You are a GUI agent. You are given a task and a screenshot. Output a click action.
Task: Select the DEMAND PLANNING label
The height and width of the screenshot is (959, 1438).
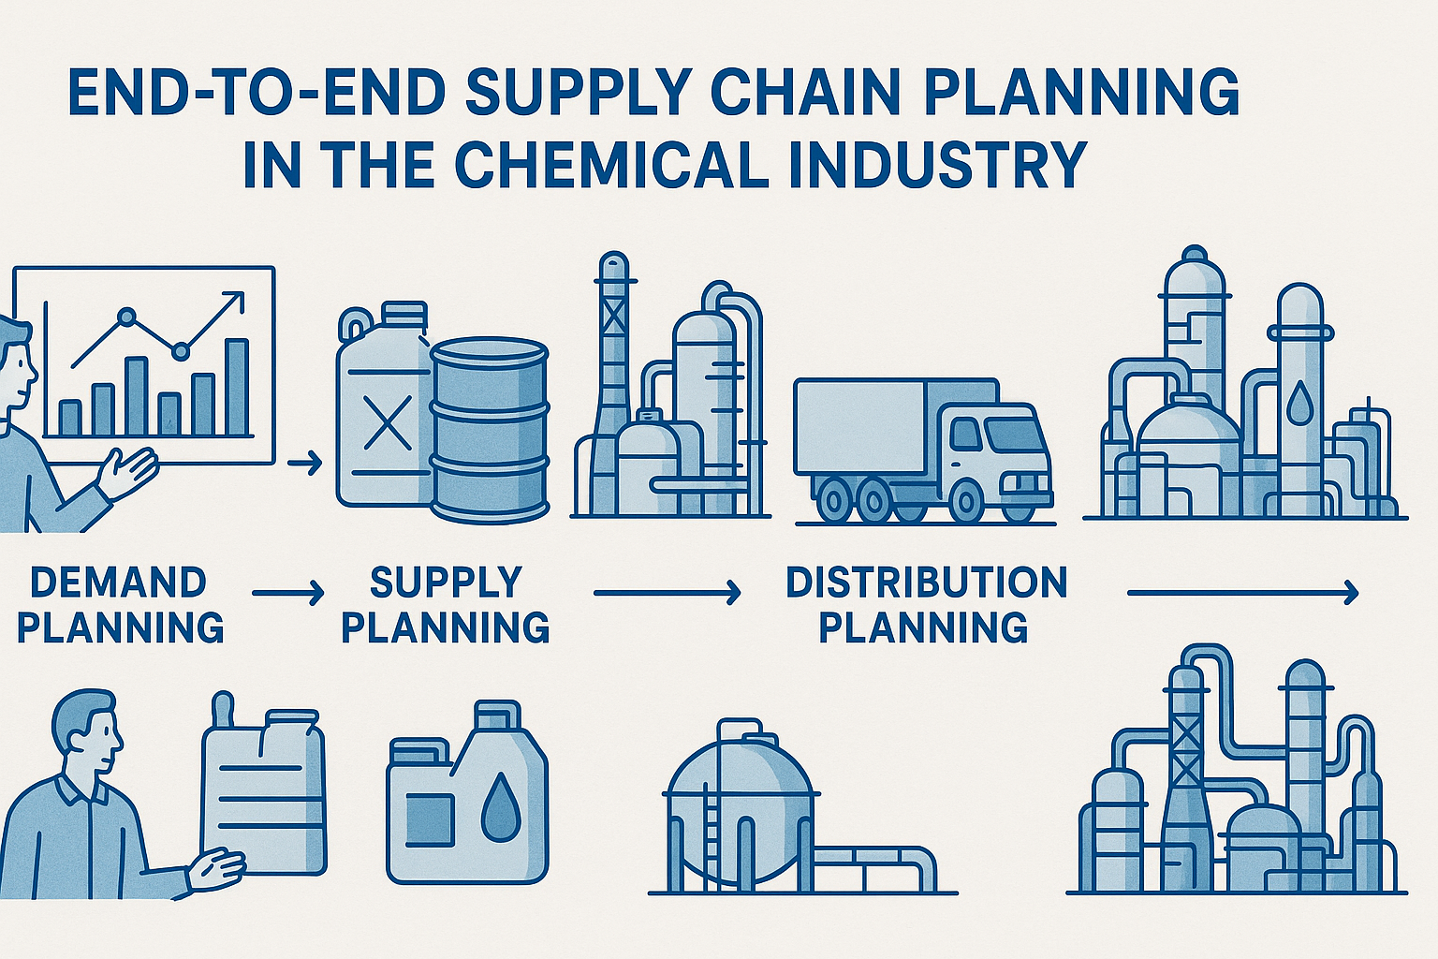[120, 604]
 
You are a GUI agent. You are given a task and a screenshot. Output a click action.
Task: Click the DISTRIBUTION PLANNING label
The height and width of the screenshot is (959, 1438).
[926, 604]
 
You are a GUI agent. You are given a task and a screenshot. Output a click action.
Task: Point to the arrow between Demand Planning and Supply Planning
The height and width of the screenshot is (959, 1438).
[288, 593]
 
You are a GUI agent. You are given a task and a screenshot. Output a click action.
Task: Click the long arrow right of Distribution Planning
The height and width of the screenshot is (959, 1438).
[1243, 592]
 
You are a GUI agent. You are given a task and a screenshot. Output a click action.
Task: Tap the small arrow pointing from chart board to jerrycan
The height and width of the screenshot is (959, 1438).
[305, 462]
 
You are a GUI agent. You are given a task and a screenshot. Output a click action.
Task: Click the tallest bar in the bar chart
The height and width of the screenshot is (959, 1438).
[237, 388]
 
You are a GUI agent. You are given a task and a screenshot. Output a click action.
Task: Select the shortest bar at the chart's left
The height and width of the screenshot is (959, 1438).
[70, 418]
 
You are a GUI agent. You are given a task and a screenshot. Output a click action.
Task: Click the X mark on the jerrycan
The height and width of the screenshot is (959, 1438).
[387, 422]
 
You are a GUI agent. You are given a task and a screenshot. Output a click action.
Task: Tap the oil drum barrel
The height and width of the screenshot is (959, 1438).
[491, 430]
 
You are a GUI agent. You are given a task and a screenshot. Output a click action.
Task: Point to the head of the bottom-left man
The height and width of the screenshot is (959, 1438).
[89, 730]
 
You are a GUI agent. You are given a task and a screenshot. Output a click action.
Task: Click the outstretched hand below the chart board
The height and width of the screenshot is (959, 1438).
[128, 473]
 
